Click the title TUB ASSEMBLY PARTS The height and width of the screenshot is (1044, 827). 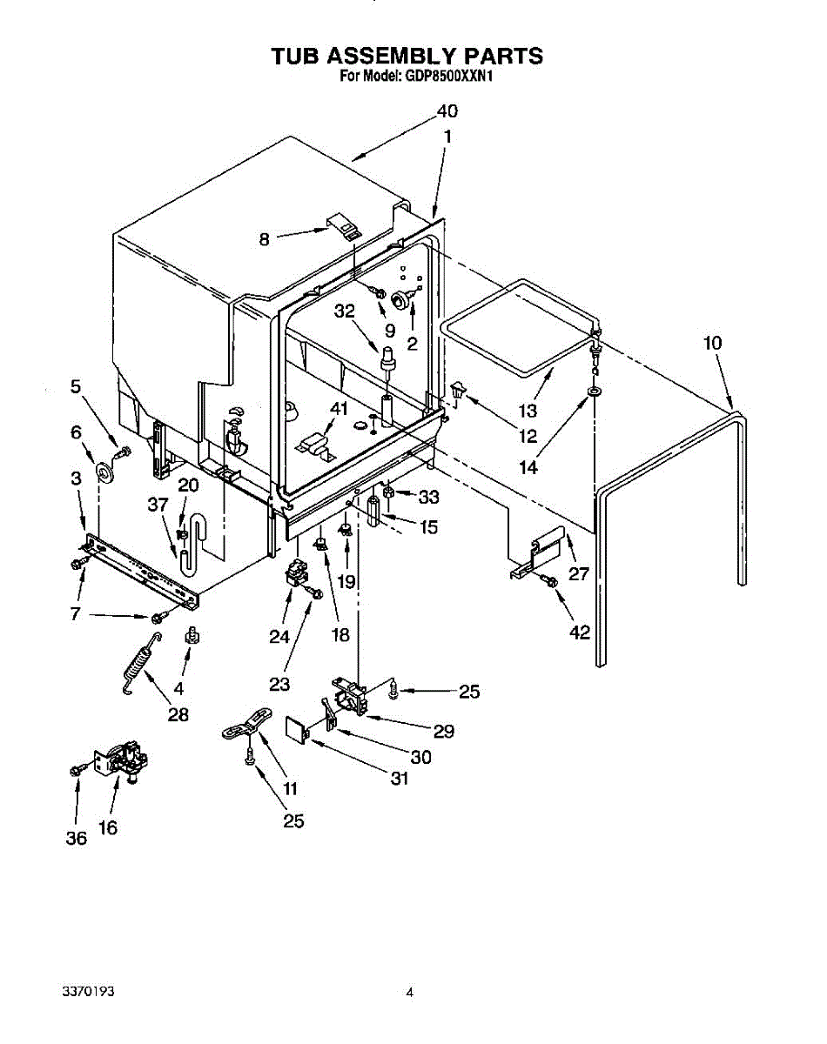pos(407,57)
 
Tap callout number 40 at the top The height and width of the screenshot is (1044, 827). pos(447,111)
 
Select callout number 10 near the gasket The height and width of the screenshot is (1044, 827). pos(712,344)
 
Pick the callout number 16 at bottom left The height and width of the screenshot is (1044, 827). pos(108,827)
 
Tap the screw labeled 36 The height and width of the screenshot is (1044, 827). pos(76,770)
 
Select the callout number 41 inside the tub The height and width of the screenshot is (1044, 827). pos(338,407)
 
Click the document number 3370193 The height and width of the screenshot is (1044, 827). pos(89,991)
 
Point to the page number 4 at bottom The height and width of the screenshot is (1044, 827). pos(408,991)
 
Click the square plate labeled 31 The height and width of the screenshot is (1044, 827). pos(298,727)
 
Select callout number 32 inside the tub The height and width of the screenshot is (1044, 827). pos(346,311)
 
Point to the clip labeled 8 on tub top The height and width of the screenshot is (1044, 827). pos(346,227)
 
